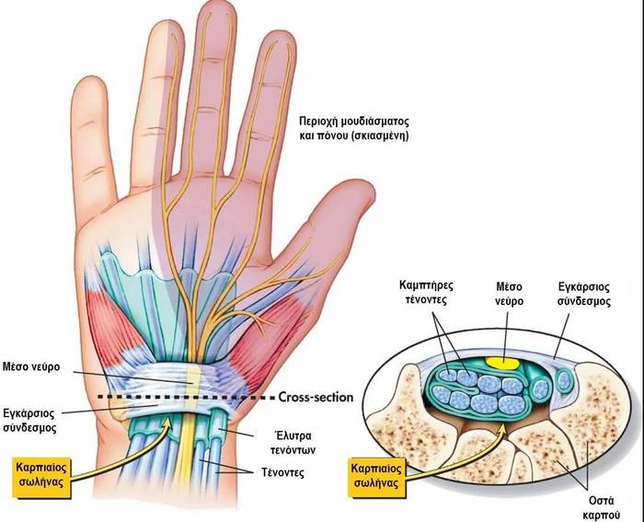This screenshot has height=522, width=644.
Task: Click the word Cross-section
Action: point(315,398)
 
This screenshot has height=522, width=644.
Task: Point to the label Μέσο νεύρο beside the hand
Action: point(32,365)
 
